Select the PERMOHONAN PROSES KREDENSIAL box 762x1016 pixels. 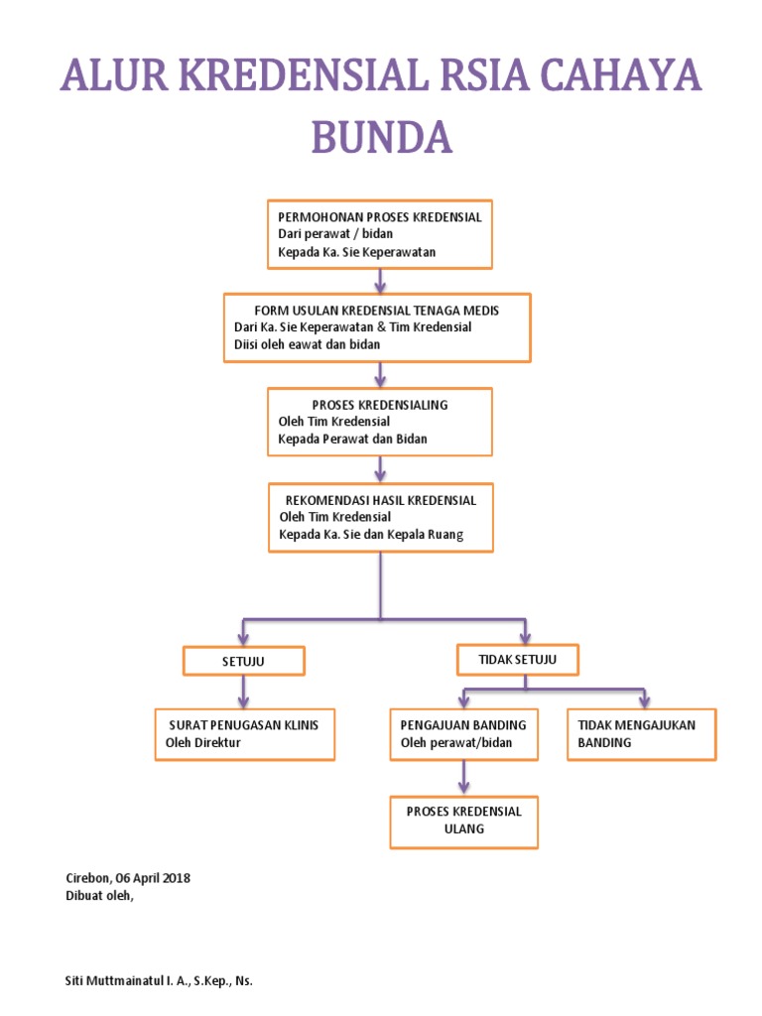pyautogui.click(x=380, y=234)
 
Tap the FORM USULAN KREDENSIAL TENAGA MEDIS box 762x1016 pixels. pyautogui.click(x=378, y=326)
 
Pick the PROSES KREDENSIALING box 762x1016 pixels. pyautogui.click(x=380, y=421)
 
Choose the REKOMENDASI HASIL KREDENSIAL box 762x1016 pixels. pyautogui.click(x=380, y=517)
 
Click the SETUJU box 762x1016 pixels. pyautogui.click(x=243, y=660)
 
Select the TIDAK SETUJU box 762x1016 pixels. pyautogui.click(x=517, y=658)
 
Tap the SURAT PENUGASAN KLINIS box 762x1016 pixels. pyautogui.click(x=244, y=733)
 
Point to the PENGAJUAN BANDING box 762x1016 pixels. pyautogui.click(x=463, y=733)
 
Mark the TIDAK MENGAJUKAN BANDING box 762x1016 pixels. pyautogui.click(x=641, y=733)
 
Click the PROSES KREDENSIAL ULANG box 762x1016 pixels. pyautogui.click(x=463, y=821)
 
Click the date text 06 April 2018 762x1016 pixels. pyautogui.click(x=154, y=878)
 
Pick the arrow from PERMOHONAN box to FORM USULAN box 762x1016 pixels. pyautogui.click(x=380, y=280)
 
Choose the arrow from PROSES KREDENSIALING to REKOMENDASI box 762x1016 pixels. pyautogui.click(x=380, y=468)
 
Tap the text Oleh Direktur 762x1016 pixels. pyautogui.click(x=203, y=742)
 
